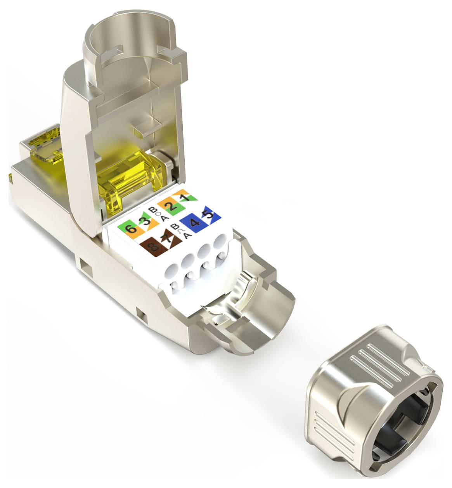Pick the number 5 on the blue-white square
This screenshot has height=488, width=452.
coord(209,215)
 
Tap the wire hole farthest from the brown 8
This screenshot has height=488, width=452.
coord(220,241)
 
